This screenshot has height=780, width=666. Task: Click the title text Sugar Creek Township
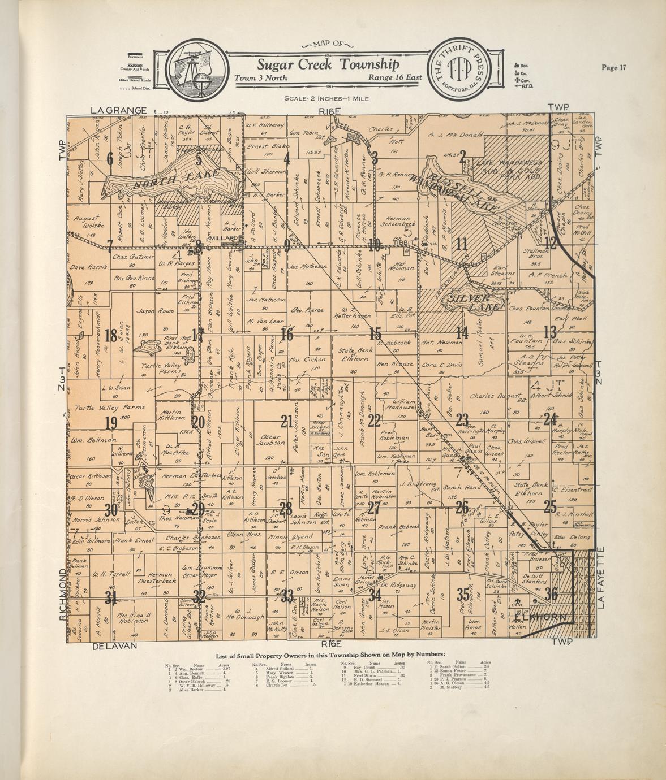coord(328,64)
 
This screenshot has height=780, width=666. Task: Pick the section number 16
coord(287,335)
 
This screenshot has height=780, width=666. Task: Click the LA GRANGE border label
coord(118,110)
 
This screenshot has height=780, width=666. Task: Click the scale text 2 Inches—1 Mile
coord(326,98)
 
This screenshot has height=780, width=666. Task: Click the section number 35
coord(463,595)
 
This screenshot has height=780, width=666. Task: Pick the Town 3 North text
coord(261,78)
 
